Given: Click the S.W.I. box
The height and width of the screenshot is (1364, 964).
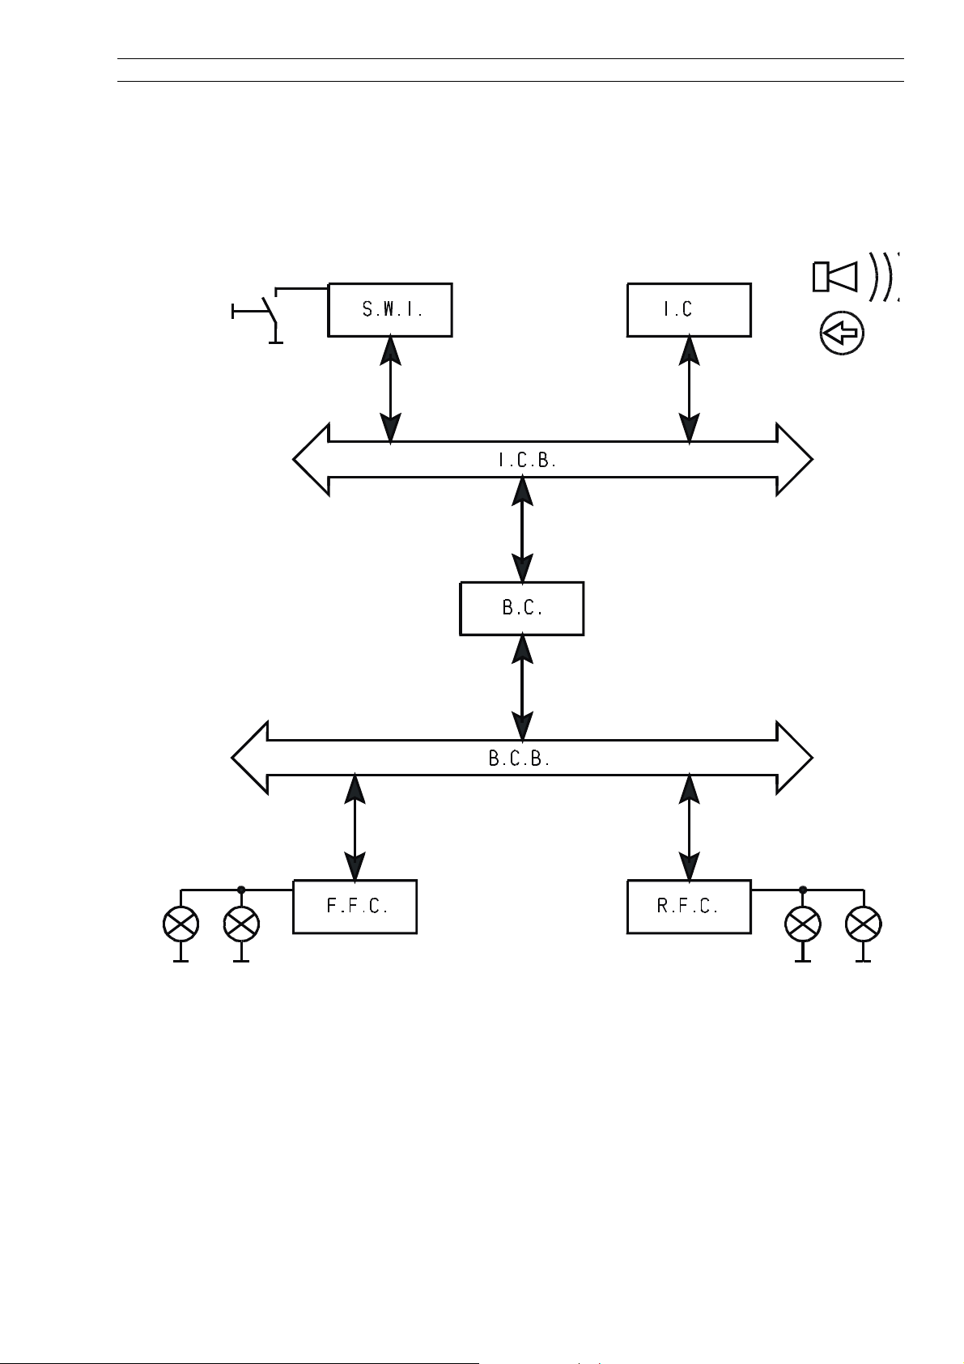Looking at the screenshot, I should (389, 309).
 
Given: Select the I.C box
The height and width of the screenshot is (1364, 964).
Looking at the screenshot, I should (689, 309).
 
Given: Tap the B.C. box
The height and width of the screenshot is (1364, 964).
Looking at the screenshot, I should (521, 608).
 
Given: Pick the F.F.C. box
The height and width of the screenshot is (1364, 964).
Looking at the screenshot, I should (355, 907).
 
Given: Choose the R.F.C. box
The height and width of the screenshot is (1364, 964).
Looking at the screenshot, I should (689, 907).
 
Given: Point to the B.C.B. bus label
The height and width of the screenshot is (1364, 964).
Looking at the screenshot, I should (520, 759).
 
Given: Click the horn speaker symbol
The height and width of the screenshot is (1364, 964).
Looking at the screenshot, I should (835, 276).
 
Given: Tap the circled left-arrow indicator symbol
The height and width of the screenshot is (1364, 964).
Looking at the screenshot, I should (842, 334).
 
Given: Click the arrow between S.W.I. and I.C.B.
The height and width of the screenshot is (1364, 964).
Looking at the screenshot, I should (391, 390).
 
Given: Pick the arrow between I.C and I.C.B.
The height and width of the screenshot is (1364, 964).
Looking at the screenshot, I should (689, 390).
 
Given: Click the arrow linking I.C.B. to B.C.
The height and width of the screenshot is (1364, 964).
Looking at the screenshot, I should (523, 529).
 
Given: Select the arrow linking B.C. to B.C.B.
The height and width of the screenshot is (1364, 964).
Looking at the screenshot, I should (523, 688).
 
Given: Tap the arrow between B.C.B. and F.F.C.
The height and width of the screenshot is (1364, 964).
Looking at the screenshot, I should (355, 827).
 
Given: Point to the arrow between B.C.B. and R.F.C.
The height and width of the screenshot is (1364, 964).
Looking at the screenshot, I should (689, 827).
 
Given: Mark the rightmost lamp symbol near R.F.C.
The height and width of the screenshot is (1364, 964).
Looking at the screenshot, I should (863, 924).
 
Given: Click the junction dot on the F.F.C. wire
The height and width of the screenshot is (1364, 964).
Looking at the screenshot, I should (240, 890).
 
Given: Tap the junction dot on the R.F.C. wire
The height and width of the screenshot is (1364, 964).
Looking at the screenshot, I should (802, 890).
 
